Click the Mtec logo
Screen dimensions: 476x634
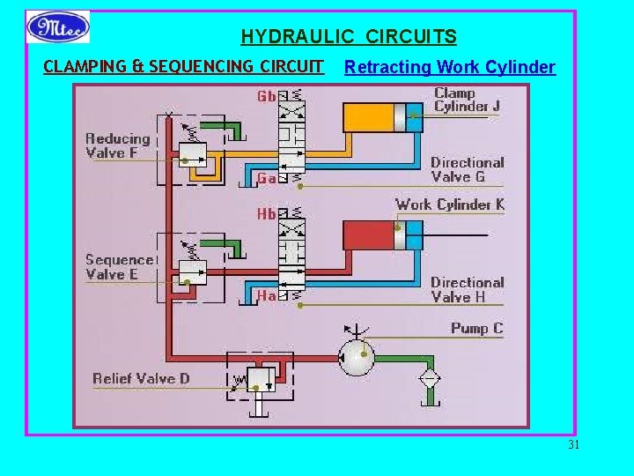coord(58,26)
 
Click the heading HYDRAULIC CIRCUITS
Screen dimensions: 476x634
coord(349,37)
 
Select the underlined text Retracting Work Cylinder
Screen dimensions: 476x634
coord(449,67)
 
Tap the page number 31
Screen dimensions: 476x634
coord(573,445)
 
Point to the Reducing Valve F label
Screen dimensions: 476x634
coord(118,145)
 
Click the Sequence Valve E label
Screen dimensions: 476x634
coord(119,266)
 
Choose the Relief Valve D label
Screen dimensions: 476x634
coord(141,379)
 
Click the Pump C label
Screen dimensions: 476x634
coord(476,328)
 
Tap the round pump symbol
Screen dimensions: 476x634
coord(358,357)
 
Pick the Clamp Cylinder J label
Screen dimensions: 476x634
coord(467,100)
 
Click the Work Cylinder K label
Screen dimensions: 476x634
coord(449,205)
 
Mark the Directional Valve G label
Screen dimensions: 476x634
coord(467,169)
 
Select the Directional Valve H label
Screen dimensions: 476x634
coord(467,289)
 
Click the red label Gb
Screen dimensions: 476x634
coord(267,95)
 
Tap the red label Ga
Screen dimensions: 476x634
coord(267,178)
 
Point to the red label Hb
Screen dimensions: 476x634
coord(267,214)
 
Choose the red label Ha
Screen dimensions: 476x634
coord(267,296)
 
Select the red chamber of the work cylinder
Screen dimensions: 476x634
coord(368,234)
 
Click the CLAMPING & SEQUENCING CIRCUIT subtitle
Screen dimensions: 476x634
coord(183,67)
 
